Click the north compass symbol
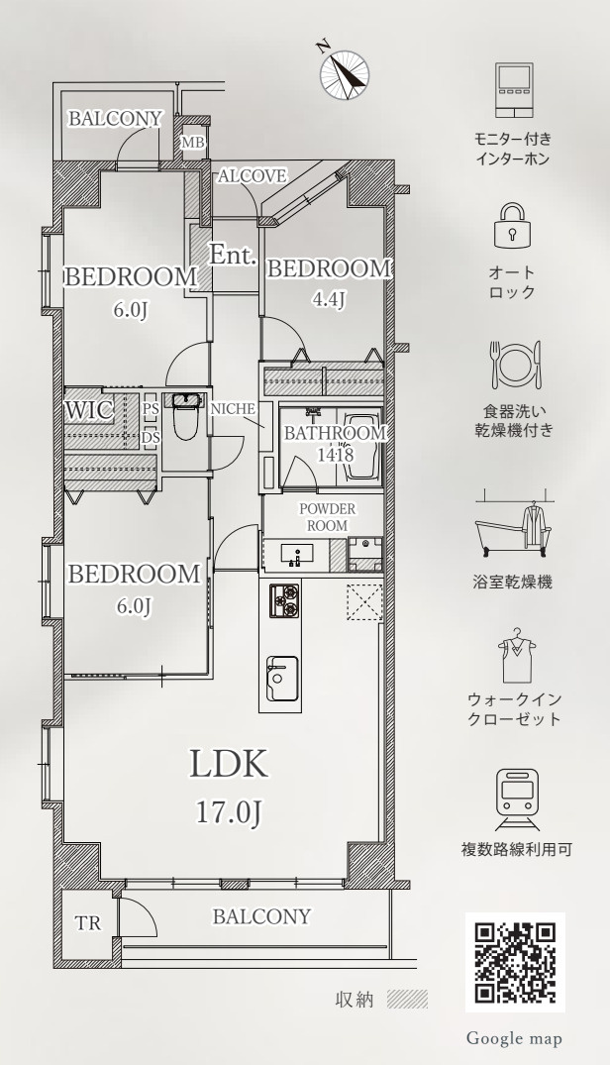[x=345, y=72]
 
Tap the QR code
[x=515, y=962]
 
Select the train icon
[x=517, y=799]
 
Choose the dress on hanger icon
[x=516, y=657]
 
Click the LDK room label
[x=228, y=764]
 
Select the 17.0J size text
[x=229, y=811]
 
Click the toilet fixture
[x=185, y=416]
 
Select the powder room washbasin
[x=297, y=553]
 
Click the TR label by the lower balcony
[x=88, y=923]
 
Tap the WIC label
[x=89, y=411]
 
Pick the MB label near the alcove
[x=193, y=143]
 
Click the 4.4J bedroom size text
[x=329, y=299]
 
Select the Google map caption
[x=514, y=1038]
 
